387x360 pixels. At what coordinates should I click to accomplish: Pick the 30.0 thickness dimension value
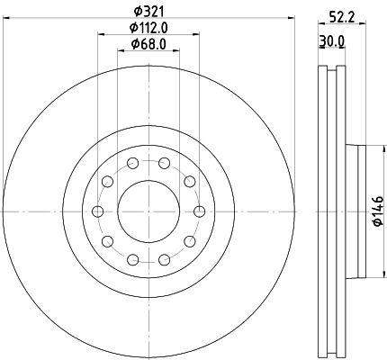pos(331,41)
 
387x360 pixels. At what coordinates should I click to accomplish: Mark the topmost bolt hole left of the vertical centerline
pos(132,163)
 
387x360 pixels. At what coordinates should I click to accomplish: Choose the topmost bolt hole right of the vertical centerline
pos(163,163)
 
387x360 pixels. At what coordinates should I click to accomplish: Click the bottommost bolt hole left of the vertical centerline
pos(132,259)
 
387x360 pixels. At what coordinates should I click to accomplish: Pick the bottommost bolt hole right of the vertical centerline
pos(163,259)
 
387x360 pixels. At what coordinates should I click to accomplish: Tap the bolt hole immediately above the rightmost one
pos(189,181)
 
